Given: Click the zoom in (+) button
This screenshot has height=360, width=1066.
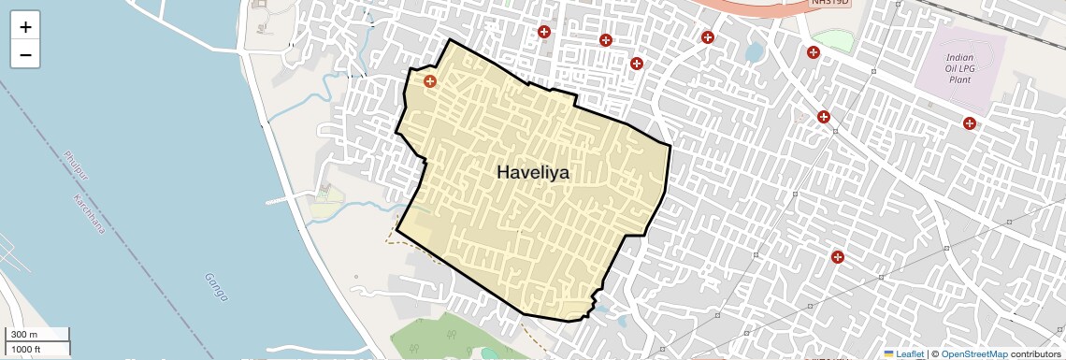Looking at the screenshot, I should pyautogui.click(x=25, y=27).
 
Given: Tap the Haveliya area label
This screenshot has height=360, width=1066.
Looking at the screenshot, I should pyautogui.click(x=533, y=173).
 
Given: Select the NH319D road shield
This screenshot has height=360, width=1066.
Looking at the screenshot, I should pyautogui.click(x=828, y=5).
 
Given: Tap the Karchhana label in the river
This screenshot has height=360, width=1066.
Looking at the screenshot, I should pyautogui.click(x=90, y=213).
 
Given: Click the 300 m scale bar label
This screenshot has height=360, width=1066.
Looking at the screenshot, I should pyautogui.click(x=24, y=335).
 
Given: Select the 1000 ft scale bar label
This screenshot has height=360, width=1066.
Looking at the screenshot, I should pyautogui.click(x=27, y=349).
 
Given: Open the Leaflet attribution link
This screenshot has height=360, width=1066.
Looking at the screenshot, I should pyautogui.click(x=910, y=354).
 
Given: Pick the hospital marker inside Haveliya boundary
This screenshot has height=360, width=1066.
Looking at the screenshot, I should pyautogui.click(x=430, y=81).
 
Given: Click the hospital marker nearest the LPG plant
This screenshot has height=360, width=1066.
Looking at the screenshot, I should pyautogui.click(x=970, y=122).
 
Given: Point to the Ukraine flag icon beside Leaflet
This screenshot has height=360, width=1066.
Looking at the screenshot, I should pyautogui.click(x=888, y=354).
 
